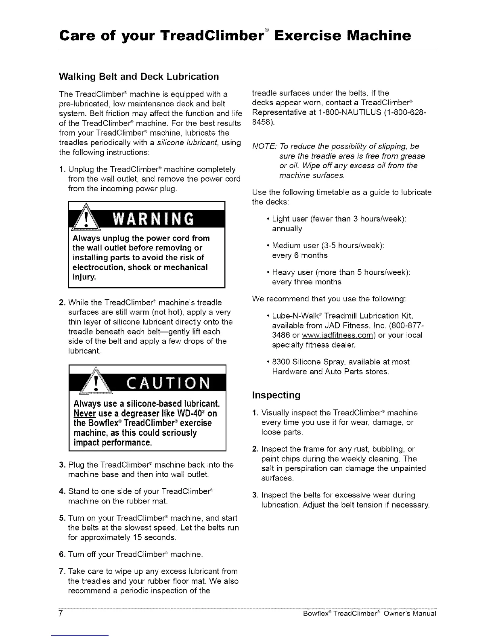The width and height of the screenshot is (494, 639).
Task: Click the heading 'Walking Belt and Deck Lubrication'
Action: point(139,77)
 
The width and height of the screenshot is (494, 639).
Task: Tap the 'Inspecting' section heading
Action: point(276,395)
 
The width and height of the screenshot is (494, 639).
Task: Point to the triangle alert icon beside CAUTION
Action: point(95,382)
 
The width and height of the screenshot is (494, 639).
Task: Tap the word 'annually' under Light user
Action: point(287,229)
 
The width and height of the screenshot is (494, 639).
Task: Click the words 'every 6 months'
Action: point(300,255)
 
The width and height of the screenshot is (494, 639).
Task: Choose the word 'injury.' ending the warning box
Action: point(84,277)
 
